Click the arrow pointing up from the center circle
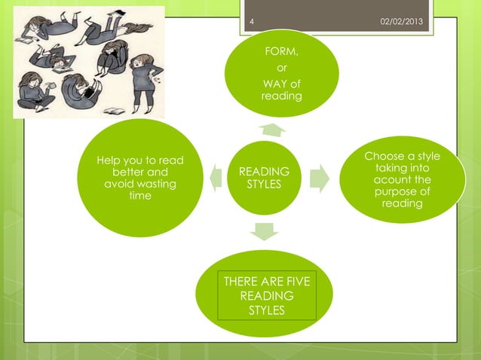pyautogui.click(x=271, y=130)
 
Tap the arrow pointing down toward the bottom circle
pyautogui.click(x=265, y=230)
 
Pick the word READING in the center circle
pyautogui.click(x=265, y=172)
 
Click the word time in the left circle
pyautogui.click(x=140, y=196)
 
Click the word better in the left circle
pyautogui.click(x=128, y=172)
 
